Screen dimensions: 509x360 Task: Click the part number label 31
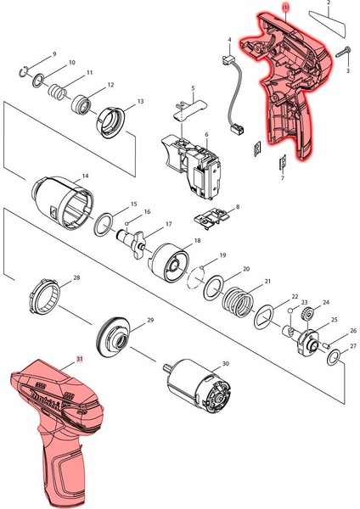point(80,360)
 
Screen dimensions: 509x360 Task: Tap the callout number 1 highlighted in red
point(286,8)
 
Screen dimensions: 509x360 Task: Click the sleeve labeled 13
point(113,120)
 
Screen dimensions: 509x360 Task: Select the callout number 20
point(246,269)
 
